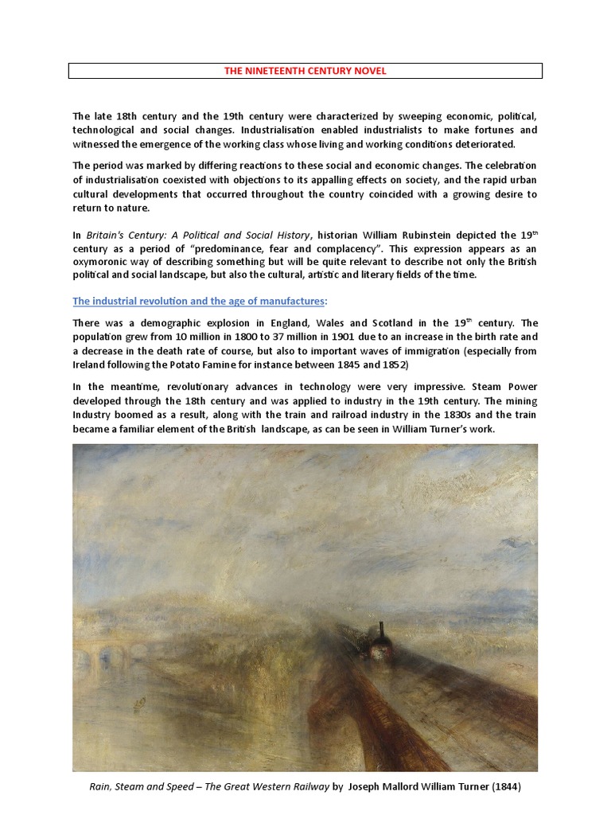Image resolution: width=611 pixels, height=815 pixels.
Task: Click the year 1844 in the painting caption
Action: [504, 786]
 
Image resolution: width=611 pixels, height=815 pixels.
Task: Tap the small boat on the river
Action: [141, 701]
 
